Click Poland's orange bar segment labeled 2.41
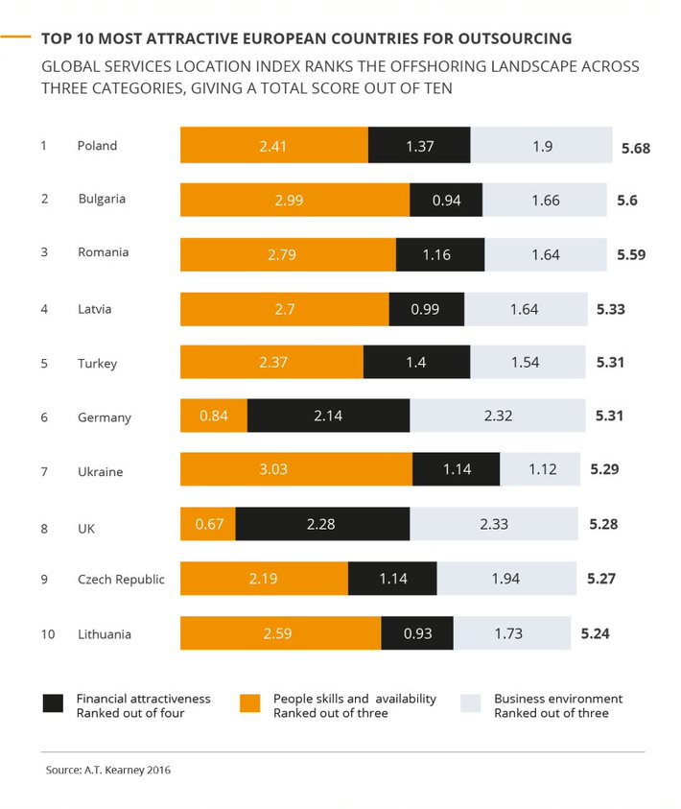pos(274,146)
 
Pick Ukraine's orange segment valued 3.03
pos(296,471)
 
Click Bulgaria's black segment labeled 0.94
pos(446,200)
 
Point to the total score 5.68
pos(636,148)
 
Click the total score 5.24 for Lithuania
pos(595,633)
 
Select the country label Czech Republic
pos(121,580)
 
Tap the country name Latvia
pos(95,309)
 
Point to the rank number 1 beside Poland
pos(43,146)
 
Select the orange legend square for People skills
pos(249,703)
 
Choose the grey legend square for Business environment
pos(471,703)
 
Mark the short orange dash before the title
pos(17,38)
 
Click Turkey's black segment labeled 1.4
pos(416,363)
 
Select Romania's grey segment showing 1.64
pos(546,254)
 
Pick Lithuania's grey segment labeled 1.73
pos(512,633)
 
